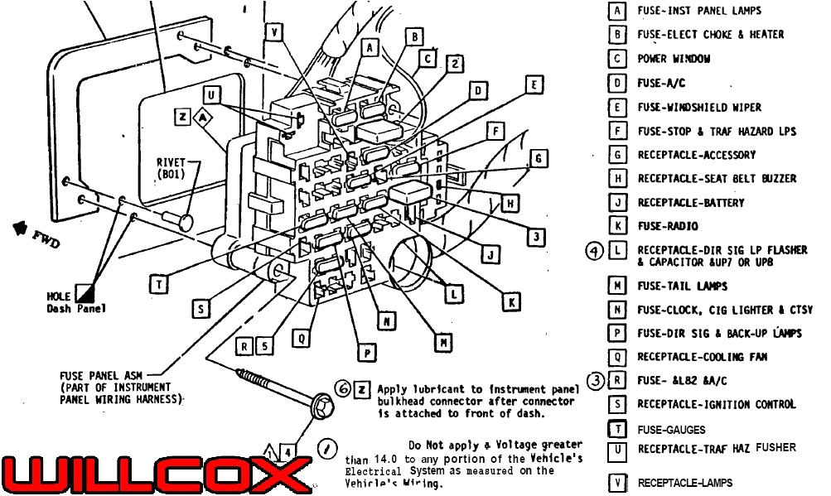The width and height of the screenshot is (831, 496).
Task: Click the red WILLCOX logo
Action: pos(153,474)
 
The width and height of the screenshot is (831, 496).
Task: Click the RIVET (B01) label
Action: pos(171,168)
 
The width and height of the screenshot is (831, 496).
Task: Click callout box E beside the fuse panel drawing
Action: pos(535,84)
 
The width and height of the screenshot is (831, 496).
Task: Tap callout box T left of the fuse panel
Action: pos(159,284)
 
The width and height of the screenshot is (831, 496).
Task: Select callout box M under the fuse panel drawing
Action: pos(445,340)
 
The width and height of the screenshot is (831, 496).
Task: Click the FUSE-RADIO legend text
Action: pos(667,226)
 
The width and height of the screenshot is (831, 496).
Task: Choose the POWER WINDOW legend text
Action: pos(673,59)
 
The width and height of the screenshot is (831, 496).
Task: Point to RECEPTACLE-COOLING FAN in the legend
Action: pos(701,357)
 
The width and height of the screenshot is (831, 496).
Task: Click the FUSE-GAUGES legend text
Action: pos(671,430)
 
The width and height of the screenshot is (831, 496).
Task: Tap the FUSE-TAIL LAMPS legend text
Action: pos(682,287)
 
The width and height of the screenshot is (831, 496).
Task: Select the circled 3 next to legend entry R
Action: pos(595,380)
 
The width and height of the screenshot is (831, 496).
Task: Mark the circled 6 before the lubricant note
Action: pos(341,388)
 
